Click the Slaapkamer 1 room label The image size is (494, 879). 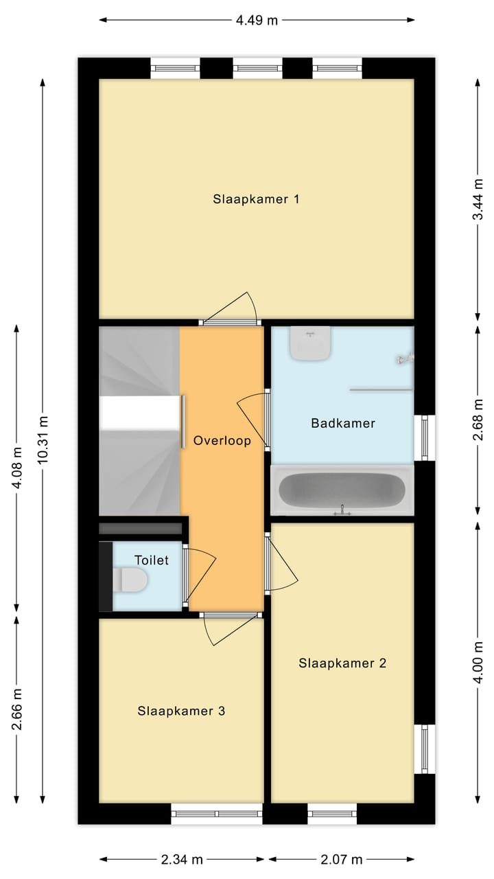[x=256, y=199]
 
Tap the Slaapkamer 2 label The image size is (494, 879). [x=342, y=663]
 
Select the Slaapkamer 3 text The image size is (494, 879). [x=181, y=711]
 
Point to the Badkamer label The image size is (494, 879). [x=343, y=423]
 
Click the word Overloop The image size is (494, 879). [x=222, y=440]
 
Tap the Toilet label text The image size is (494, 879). [x=152, y=560]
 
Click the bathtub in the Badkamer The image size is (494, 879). [x=342, y=490]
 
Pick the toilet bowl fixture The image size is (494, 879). [x=130, y=580]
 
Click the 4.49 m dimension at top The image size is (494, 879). [x=257, y=20]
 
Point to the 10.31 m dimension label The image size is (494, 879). [x=43, y=439]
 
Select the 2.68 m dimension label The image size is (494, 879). [x=478, y=420]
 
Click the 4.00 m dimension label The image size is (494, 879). [x=478, y=663]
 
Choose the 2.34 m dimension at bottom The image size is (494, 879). [x=182, y=859]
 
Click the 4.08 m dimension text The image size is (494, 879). [x=16, y=468]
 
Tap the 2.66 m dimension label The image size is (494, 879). [x=16, y=709]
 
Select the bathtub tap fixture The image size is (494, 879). [x=342, y=510]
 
